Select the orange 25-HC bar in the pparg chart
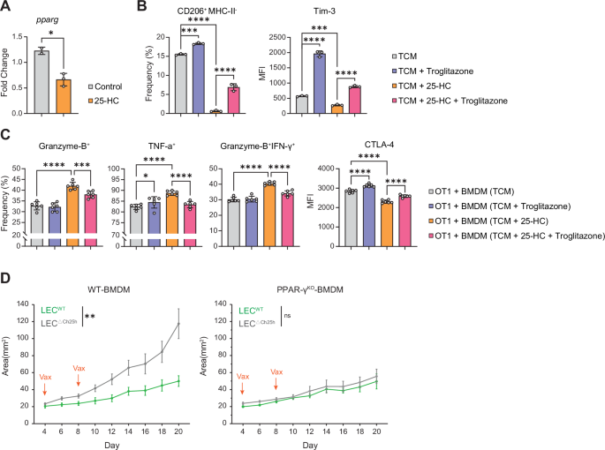(x=63, y=98)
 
